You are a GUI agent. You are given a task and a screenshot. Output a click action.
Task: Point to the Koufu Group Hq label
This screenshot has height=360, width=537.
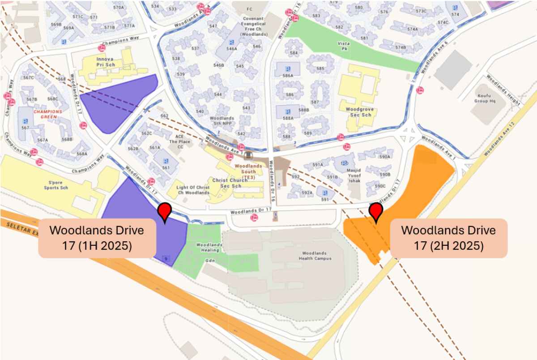pyautogui.click(x=487, y=98)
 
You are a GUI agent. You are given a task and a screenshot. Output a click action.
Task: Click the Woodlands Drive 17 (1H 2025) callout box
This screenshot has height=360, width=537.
pyautogui.click(x=97, y=238)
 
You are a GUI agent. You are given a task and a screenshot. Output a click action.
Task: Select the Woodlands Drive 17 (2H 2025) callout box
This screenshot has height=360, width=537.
pyautogui.click(x=448, y=238)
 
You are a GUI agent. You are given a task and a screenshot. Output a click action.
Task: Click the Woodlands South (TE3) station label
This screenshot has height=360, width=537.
pyautogui.click(x=245, y=171)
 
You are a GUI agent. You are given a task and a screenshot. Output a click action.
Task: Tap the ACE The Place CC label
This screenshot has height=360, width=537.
pyautogui.click(x=179, y=142)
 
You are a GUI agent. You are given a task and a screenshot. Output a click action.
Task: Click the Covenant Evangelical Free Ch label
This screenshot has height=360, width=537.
pyautogui.click(x=254, y=26)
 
